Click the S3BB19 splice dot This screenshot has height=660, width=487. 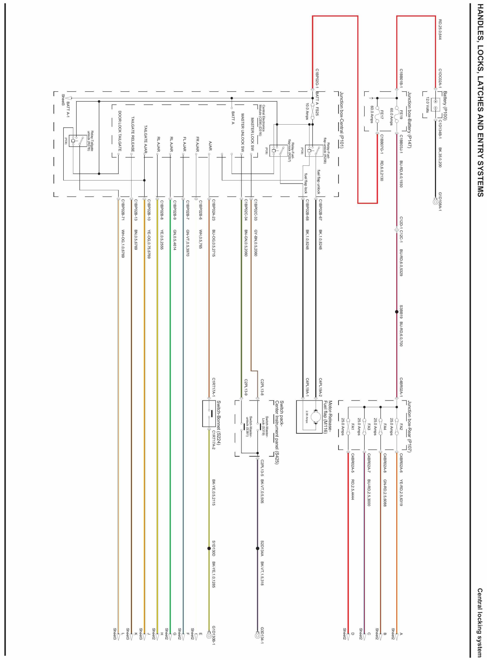[x=397, y=312]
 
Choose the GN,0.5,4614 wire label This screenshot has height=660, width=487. [x=175, y=240]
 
